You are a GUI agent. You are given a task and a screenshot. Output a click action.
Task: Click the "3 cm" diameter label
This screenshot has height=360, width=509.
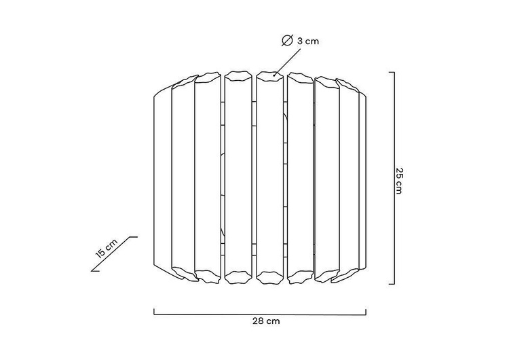coord(308,41)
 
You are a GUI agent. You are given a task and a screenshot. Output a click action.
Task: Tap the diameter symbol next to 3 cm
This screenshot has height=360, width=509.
coord(288,40)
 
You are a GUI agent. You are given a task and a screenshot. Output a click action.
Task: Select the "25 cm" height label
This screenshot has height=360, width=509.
coord(399,181)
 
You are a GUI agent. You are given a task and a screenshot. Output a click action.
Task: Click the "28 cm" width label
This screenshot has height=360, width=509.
coord(266,321)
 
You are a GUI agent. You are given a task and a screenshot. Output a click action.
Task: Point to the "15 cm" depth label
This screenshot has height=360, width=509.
coord(107,248)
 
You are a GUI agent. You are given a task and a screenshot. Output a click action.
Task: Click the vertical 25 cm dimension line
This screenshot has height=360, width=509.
coord(394,178)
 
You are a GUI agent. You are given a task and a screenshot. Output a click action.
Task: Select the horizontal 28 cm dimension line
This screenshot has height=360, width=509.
coord(260,314)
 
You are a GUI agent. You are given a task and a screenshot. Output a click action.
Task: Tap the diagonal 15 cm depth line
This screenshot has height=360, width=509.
coord(114,253)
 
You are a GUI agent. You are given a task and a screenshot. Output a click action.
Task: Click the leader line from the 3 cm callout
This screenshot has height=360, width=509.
coord(288,62)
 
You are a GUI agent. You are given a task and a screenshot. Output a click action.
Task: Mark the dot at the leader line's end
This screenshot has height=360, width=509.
coord(275,75)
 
